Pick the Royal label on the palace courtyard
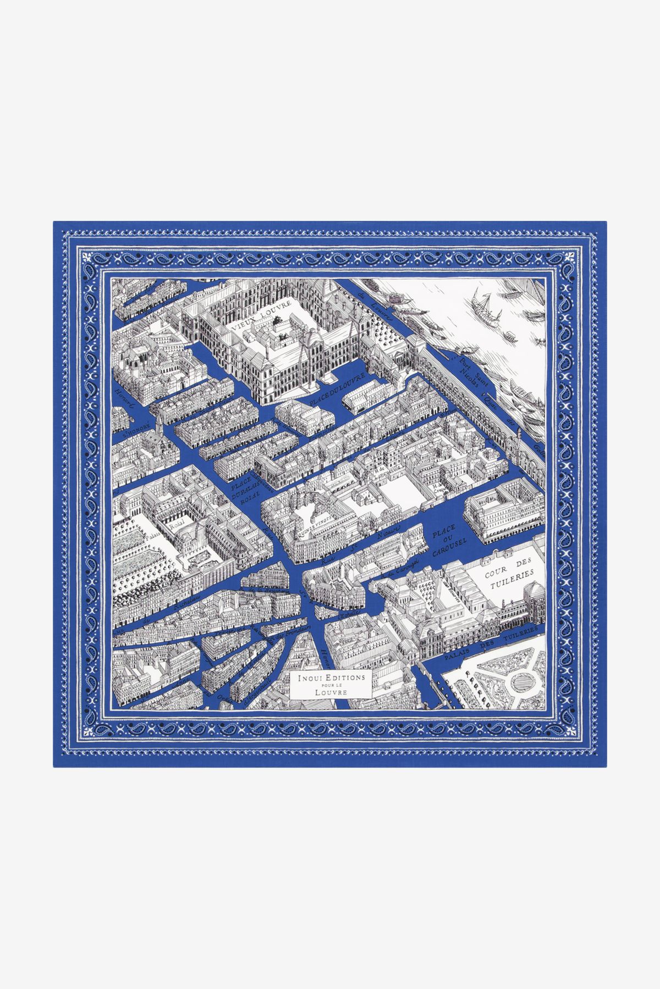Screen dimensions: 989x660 click(177, 525)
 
